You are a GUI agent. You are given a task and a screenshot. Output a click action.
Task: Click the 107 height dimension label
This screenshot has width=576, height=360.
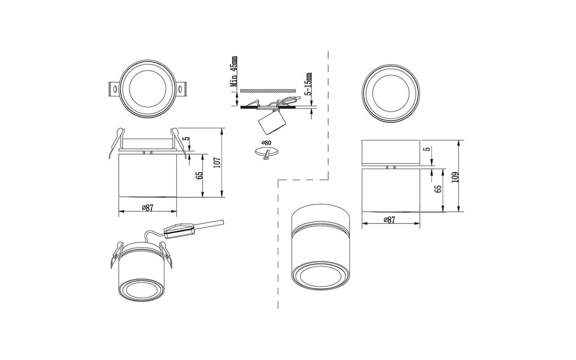point(217,161)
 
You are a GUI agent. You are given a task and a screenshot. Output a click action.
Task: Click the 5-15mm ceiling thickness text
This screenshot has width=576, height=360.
point(308,85)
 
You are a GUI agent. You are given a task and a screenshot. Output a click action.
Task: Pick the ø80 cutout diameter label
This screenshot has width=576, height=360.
point(266,143)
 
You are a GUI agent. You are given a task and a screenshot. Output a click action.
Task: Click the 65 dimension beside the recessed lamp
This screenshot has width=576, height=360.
point(199,175)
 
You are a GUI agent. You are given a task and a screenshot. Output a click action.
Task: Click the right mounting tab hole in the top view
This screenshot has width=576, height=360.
point(179,89)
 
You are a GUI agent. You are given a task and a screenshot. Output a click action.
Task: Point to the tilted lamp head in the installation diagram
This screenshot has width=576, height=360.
point(269,125)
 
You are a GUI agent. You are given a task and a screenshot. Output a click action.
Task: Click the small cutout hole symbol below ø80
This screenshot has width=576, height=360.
point(267,155)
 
